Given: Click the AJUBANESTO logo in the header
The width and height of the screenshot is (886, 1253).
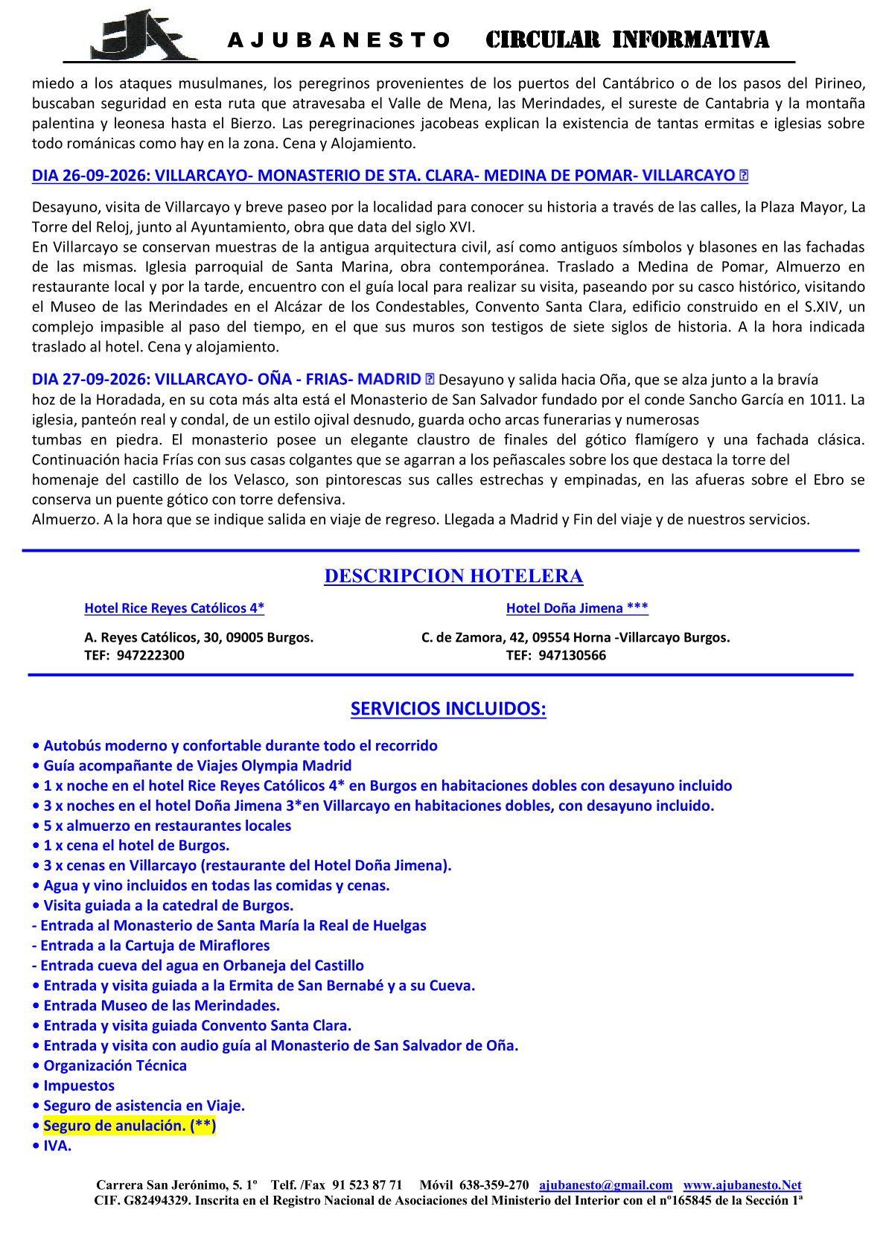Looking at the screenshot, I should [x=144, y=35].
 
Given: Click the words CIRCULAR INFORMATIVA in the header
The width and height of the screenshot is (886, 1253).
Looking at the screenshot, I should [x=627, y=39].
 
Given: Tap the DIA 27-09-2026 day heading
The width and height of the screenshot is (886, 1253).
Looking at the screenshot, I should [x=226, y=379].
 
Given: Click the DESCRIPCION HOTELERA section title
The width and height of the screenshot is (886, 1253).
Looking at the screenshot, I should [x=453, y=576].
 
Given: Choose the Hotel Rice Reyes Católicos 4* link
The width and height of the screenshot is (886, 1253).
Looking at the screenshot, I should [x=174, y=608].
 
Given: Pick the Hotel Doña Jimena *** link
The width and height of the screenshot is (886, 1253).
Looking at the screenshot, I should [x=577, y=608].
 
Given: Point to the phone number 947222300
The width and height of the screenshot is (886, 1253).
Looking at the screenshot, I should [x=150, y=655].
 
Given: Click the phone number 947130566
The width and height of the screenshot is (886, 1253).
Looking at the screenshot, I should [x=572, y=655].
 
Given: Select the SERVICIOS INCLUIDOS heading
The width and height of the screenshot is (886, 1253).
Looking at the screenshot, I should [x=448, y=709].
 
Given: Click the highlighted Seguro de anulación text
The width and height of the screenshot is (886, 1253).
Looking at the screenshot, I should [x=130, y=1126].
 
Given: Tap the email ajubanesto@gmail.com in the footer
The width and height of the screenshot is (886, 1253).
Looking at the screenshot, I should [x=605, y=1185].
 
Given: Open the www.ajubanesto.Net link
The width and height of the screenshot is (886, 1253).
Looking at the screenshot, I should [x=742, y=1185].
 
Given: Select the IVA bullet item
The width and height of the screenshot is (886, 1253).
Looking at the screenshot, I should [x=57, y=1146].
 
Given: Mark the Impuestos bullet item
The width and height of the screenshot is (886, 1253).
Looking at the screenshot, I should [x=79, y=1085].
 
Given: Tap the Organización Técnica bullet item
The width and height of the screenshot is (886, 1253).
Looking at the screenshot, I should [x=115, y=1065].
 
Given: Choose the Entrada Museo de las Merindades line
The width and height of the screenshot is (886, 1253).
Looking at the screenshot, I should [x=161, y=1006].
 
